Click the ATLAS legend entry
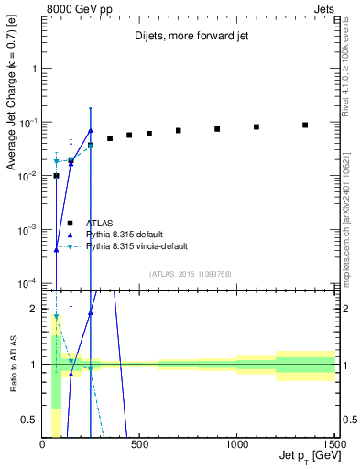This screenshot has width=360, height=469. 100,223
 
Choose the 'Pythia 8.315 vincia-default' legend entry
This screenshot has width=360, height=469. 137,246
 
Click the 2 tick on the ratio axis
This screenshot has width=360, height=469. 35,309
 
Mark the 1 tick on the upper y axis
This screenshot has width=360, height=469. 35,69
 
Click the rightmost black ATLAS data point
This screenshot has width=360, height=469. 305,125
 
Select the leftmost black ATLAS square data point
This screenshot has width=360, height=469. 56,175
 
